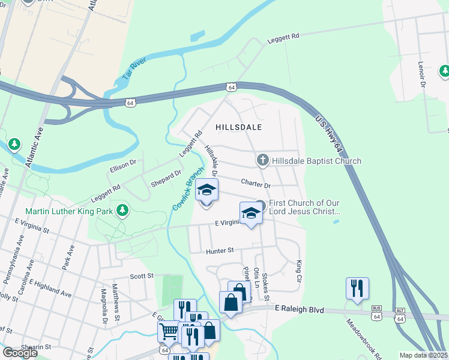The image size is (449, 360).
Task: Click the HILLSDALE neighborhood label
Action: tap(239, 128)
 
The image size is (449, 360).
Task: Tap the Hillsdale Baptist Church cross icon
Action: tap(262, 160)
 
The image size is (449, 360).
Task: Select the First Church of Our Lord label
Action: tap(305, 207)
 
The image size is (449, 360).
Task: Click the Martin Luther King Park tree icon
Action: tap(122, 210)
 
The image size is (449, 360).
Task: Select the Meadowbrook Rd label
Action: tap(363, 338)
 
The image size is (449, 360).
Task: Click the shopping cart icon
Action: tap(168, 330)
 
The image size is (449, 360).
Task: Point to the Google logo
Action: tap(20, 353)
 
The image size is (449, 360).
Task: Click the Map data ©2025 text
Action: tap(423, 355)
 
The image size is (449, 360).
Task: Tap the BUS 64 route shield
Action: tap(376, 315)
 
